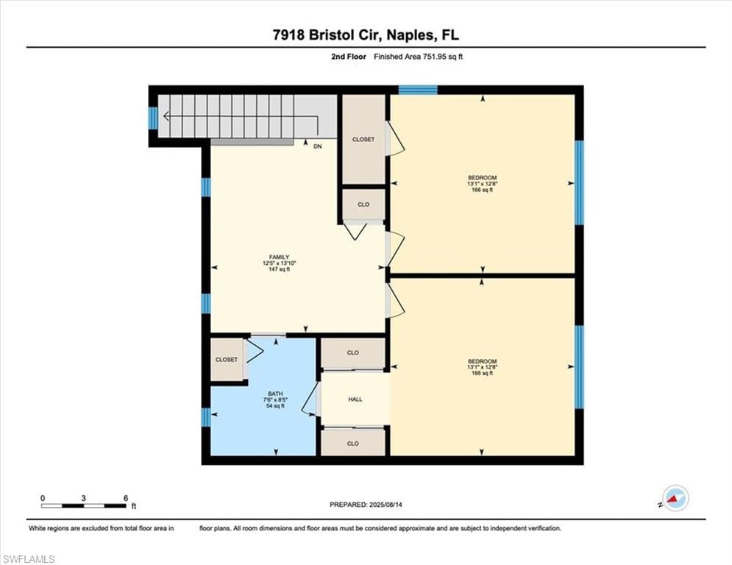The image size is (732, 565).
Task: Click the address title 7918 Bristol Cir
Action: pos(366,34)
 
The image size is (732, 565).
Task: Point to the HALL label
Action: pos(355,399)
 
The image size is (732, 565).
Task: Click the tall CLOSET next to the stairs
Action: pos(363,139)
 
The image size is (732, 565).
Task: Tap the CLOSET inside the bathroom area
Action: pos(227,360)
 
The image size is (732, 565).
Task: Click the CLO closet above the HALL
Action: pos(353,353)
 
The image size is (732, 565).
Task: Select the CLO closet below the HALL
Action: pos(353,444)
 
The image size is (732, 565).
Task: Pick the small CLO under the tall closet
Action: pos(363,205)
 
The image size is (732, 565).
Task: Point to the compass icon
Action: pos(675,498)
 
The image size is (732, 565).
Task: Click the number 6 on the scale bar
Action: pos(126,498)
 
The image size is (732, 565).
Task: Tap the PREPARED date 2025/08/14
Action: pos(366,505)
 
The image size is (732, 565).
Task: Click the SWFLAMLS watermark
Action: pos(29,559)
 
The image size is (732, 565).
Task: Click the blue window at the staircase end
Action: pos(153,118)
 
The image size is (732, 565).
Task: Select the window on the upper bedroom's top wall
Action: pos(418,90)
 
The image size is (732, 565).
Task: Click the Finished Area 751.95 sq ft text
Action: pos(418,57)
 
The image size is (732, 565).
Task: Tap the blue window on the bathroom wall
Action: pos(205,418)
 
